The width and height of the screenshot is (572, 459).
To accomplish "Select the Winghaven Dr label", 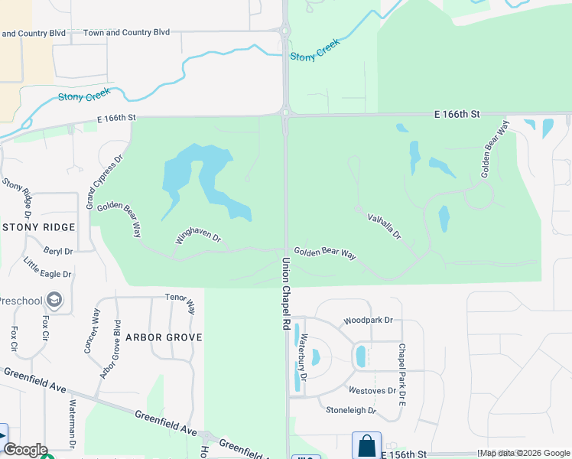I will pyautogui.click(x=198, y=239).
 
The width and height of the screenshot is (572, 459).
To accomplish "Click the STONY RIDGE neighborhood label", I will pyautogui.click(x=40, y=227).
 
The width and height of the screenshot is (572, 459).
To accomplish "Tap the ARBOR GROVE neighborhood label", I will pyautogui.click(x=164, y=337).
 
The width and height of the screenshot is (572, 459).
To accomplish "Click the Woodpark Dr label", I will pyautogui.click(x=368, y=321).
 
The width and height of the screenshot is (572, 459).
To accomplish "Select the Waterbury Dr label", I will pyautogui.click(x=304, y=357).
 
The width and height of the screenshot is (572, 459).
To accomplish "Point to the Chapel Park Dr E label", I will pyautogui.click(x=401, y=364).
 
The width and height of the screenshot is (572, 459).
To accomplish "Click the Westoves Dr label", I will pyautogui.click(x=372, y=390).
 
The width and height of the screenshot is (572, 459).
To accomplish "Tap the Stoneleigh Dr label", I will pyautogui.click(x=352, y=410).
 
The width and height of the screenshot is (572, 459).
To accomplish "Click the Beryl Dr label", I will pyautogui.click(x=58, y=250).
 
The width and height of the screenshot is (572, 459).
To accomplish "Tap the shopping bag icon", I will pyautogui.click(x=366, y=445).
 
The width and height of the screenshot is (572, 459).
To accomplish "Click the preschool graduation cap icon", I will pyautogui.click(x=54, y=299).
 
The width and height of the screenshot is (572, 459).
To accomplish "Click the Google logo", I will pyautogui.click(x=24, y=450).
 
